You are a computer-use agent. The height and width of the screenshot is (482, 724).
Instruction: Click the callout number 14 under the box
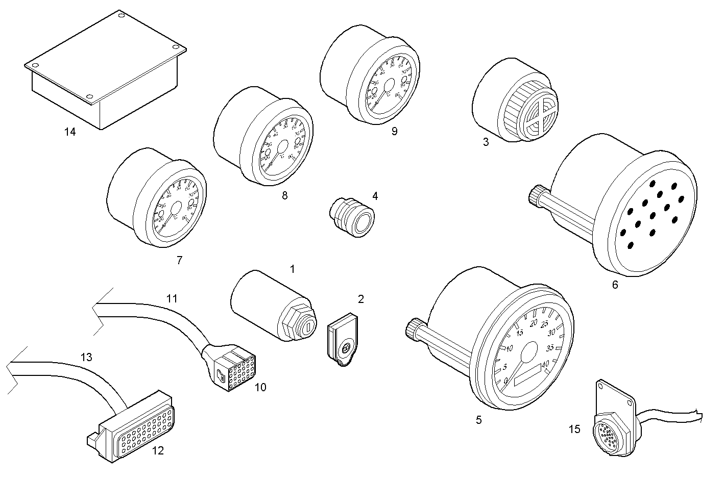coord(70,132)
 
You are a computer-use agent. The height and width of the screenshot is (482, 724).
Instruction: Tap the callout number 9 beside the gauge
coord(394,131)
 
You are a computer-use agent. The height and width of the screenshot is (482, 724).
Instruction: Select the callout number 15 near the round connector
coord(574,429)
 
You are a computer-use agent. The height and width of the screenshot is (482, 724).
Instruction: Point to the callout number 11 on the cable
coord(172,298)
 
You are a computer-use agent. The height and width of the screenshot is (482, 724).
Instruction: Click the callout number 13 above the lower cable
coord(86,357)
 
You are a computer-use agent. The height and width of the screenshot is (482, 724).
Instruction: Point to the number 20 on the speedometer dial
coord(534,322)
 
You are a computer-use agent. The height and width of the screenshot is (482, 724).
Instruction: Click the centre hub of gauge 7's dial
coord(176,209)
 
